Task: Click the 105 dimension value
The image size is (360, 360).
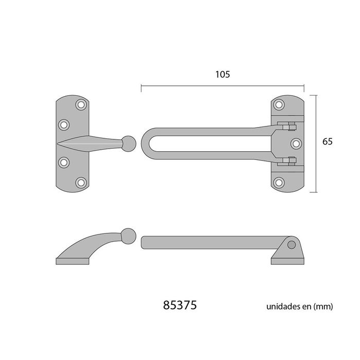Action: [222, 74]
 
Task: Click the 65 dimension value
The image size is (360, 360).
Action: [328, 142]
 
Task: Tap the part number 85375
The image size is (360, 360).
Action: [179, 305]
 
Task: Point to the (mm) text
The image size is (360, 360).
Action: [324, 307]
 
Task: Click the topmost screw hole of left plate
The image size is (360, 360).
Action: [81, 105]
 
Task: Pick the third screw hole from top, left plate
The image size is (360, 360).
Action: [64, 163]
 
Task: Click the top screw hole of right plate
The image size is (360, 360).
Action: [279, 105]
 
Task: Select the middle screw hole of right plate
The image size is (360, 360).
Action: [296, 143]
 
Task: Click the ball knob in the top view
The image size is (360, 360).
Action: [129, 143]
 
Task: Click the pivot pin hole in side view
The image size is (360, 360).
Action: [292, 245]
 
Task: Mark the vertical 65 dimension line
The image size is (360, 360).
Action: [315, 143]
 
